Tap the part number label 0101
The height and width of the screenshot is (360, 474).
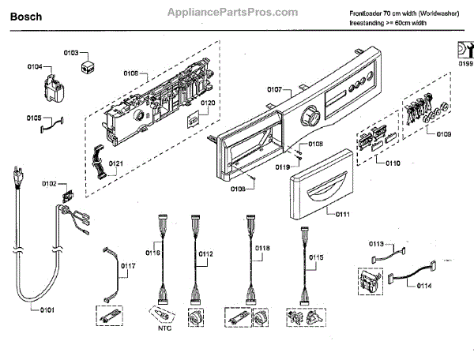(47, 309)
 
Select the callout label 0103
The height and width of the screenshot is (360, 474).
(70, 53)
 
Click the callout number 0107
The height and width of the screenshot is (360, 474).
(274, 90)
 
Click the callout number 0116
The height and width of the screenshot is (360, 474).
(152, 253)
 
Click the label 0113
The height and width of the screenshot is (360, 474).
(376, 244)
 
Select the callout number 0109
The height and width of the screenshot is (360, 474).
(443, 135)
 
